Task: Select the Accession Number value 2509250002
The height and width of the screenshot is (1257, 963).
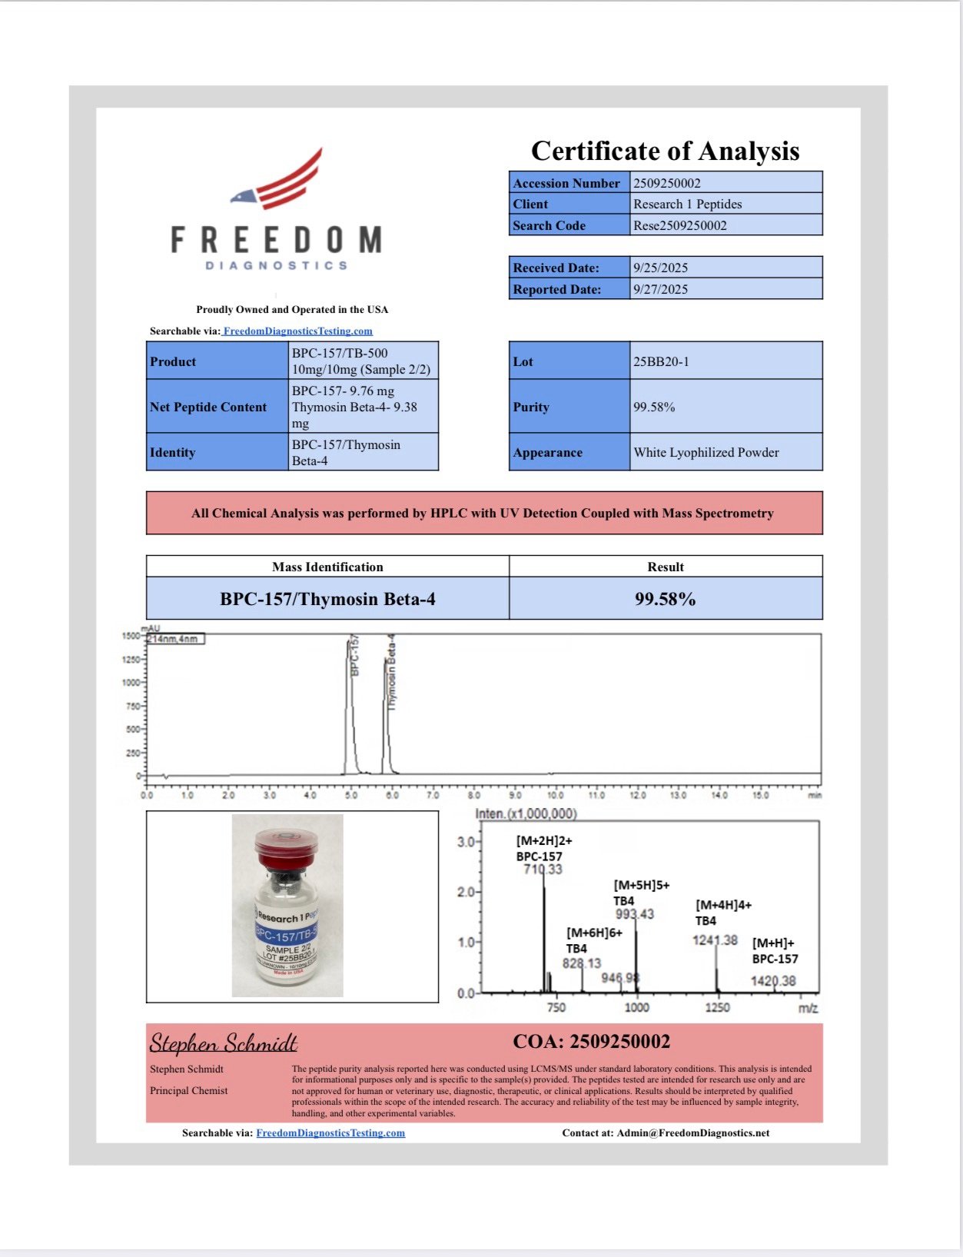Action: coord(666,183)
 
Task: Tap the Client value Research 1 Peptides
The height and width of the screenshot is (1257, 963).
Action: coord(687,204)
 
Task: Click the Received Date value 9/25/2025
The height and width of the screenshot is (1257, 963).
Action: coord(660,268)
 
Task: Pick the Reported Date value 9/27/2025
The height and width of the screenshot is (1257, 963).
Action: coord(660,289)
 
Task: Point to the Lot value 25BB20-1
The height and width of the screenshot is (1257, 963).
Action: coord(661,361)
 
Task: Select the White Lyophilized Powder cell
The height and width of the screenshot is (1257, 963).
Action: coord(706,452)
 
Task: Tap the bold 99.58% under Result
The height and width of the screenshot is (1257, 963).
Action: coord(665,599)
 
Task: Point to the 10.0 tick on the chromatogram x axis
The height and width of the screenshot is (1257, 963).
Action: coord(555,795)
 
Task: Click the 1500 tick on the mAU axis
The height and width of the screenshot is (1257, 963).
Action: coord(131,636)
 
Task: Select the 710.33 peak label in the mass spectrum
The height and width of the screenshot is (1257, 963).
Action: coord(543,870)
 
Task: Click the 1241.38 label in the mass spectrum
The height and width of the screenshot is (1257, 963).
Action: coord(715,939)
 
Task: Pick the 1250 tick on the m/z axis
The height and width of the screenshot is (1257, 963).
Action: coord(717,1007)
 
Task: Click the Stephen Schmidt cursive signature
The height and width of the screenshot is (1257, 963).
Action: coord(223,1043)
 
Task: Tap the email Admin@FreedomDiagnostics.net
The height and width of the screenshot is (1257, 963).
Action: coord(692,1132)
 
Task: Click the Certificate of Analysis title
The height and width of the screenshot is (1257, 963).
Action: coord(665,151)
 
